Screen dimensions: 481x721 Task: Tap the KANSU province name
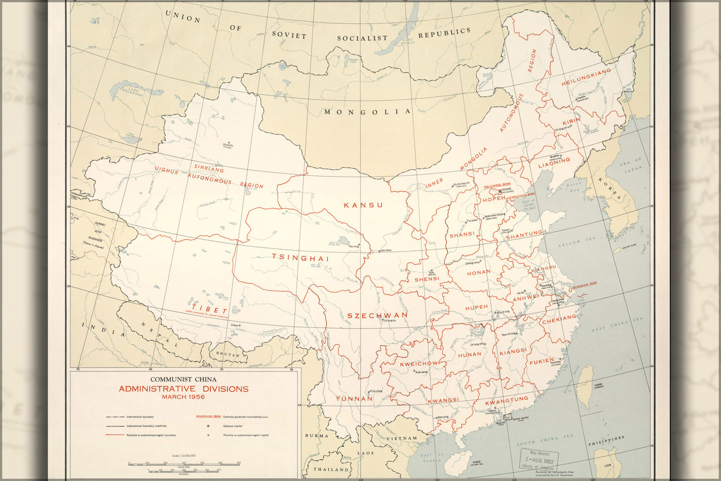coord(363,205)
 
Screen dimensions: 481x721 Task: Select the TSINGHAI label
coord(300,258)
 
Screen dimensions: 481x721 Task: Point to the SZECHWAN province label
coord(377,316)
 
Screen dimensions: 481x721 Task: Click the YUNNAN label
coord(354,399)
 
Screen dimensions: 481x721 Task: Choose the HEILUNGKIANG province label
coord(586,77)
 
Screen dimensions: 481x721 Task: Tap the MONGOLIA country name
coord(367,112)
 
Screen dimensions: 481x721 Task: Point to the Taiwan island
coord(585,385)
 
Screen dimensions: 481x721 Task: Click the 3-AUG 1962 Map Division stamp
coord(540,460)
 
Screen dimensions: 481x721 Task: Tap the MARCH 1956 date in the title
coord(183,397)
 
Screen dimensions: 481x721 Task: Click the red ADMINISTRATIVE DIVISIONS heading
coord(183,389)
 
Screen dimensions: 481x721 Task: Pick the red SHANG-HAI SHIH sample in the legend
coord(207,417)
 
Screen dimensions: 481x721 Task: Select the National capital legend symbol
coord(208,426)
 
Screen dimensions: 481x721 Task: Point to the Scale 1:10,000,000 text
coord(183,455)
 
